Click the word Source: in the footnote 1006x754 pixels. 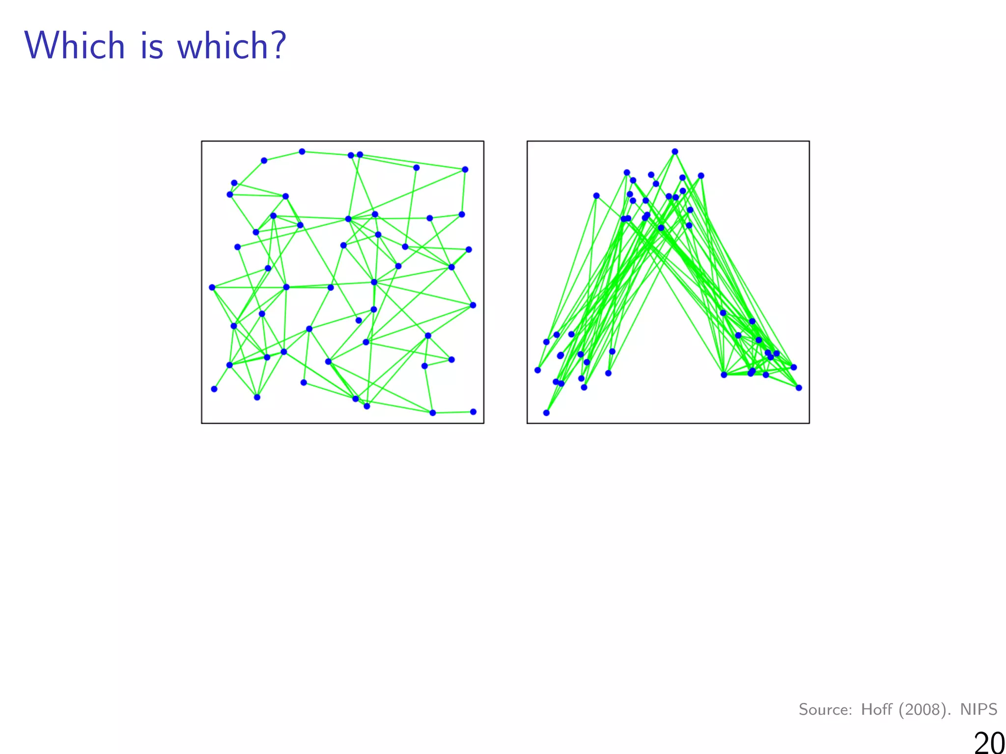pyautogui.click(x=825, y=709)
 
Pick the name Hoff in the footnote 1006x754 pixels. pyautogui.click(x=877, y=709)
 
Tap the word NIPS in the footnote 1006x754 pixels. pyautogui.click(x=978, y=709)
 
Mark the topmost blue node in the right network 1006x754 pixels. pyautogui.click(x=675, y=152)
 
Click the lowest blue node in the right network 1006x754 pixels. pyautogui.click(x=546, y=413)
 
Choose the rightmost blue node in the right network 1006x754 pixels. pyautogui.click(x=799, y=388)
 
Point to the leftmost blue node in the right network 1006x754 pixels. pyautogui.click(x=538, y=370)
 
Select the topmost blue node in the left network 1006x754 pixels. pyautogui.click(x=302, y=152)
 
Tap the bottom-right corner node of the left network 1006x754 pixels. pyautogui.click(x=473, y=412)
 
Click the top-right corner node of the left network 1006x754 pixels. pyautogui.click(x=465, y=170)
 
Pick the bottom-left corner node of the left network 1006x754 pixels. pyautogui.click(x=214, y=389)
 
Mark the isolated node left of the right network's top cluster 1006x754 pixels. pyautogui.click(x=596, y=196)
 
